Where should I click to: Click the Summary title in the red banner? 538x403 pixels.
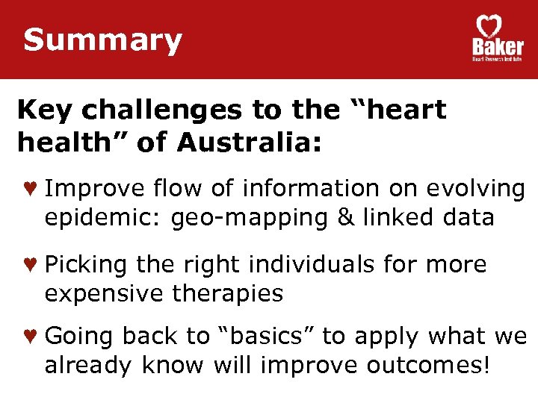point(102,40)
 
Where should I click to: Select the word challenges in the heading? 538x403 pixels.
point(164,110)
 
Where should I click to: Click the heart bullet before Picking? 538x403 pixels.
point(30,265)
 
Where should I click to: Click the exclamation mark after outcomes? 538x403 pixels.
point(488,365)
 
